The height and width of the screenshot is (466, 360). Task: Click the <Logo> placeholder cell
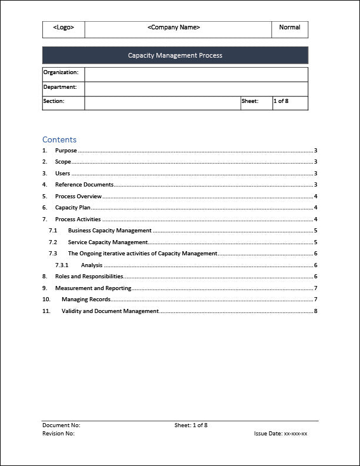coord(64,28)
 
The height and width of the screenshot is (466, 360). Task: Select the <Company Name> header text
coord(174,28)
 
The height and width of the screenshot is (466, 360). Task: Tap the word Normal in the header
coord(289,28)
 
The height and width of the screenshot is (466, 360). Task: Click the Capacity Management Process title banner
coord(175,56)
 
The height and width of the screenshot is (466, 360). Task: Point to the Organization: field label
coord(61,72)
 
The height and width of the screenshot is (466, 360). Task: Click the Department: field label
coord(60,87)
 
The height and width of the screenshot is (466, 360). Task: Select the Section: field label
coord(54,101)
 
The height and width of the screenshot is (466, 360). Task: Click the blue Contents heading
coord(59,140)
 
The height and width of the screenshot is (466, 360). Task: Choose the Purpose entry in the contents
coord(66,151)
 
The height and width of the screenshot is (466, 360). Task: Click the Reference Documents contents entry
coord(84,185)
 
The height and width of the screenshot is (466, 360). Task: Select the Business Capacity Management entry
coord(109,231)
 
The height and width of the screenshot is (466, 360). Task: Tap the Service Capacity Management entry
coord(108,242)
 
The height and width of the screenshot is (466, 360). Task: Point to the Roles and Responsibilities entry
coord(89,277)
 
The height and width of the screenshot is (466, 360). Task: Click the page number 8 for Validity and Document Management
coord(316,311)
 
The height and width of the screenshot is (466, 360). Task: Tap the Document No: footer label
coord(61,425)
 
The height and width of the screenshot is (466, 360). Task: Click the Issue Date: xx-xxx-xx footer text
coord(281,434)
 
